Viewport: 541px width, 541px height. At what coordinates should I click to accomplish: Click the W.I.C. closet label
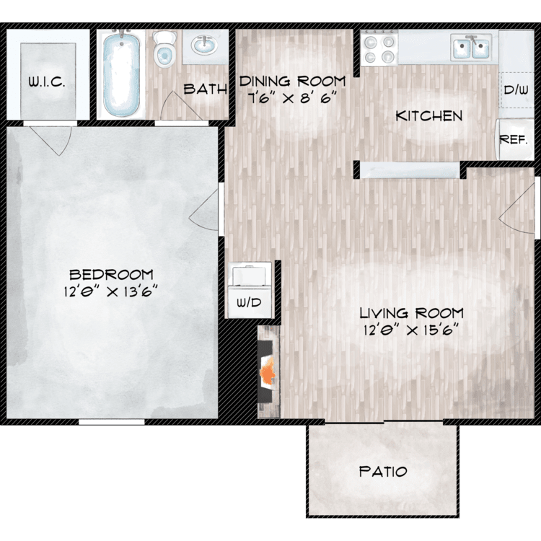coord(47,82)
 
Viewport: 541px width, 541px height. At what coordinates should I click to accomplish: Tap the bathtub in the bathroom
coord(121,74)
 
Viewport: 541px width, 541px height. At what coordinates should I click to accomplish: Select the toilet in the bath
coord(164,49)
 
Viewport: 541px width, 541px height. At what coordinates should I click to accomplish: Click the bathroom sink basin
coord(204,45)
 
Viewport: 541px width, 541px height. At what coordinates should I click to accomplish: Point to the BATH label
coord(206,89)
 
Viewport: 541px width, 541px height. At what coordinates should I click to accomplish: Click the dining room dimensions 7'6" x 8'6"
coord(292,99)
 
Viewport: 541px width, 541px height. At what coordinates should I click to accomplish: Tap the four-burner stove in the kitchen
coord(379,48)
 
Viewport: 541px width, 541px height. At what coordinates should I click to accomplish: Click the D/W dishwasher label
coord(516,90)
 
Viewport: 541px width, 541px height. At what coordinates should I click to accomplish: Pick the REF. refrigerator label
coord(514,140)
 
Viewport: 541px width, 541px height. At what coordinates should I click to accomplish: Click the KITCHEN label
coord(429,116)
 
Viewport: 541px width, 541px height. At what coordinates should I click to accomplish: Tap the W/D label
coord(249,302)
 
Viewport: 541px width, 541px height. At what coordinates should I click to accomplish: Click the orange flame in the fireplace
coord(268,372)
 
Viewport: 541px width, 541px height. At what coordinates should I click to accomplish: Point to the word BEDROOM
coord(111,275)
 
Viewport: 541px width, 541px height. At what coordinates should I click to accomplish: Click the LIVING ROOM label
coord(412,313)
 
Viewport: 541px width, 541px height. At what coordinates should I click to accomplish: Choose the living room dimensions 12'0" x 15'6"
coord(411,330)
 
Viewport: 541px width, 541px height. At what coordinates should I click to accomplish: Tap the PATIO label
coord(383,471)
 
